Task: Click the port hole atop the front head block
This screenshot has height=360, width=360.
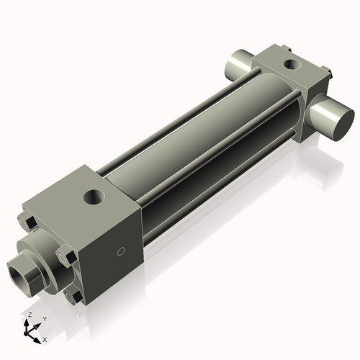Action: (x=94, y=195)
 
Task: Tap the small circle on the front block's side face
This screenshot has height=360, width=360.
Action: (x=121, y=252)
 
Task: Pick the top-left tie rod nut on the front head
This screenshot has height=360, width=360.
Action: (x=29, y=221)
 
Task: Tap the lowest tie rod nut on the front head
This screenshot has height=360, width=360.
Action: (x=72, y=296)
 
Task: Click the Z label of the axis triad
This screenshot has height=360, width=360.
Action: (x=29, y=315)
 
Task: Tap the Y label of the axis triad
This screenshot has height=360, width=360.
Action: (x=44, y=318)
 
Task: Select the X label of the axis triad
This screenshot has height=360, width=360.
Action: (x=45, y=338)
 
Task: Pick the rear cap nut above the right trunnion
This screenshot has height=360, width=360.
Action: (x=325, y=73)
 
